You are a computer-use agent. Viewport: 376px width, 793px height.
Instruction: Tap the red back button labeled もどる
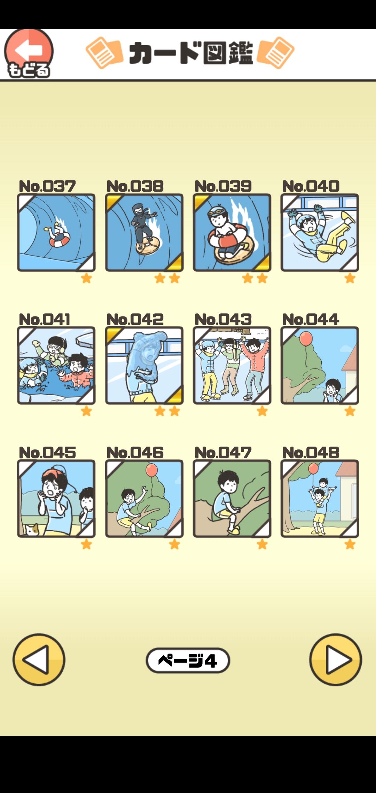point(29,53)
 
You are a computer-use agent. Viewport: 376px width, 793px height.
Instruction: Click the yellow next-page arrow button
point(336,659)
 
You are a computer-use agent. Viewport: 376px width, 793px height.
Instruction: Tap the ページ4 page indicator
point(188,660)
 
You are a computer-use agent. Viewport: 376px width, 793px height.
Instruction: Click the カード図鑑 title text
point(191,53)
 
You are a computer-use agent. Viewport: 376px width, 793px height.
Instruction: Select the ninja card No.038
point(144,232)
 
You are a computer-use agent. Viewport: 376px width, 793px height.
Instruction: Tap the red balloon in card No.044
point(306,339)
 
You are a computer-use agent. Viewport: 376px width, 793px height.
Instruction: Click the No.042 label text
point(135,319)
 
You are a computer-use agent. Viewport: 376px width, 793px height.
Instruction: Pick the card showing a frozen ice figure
point(144,366)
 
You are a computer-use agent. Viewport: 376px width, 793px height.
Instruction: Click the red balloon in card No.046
point(151,470)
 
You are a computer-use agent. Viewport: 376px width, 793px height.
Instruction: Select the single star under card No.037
point(86,278)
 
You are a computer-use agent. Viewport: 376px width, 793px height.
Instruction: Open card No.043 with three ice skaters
point(232,366)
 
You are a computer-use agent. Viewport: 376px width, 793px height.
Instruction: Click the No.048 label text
point(311,452)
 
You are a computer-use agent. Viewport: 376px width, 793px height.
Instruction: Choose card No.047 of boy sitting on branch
point(232,499)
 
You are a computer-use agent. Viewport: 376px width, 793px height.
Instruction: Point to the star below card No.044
point(350,411)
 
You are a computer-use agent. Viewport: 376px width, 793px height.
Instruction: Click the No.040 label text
point(311,186)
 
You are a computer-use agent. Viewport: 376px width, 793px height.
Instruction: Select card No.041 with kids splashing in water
point(56,366)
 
